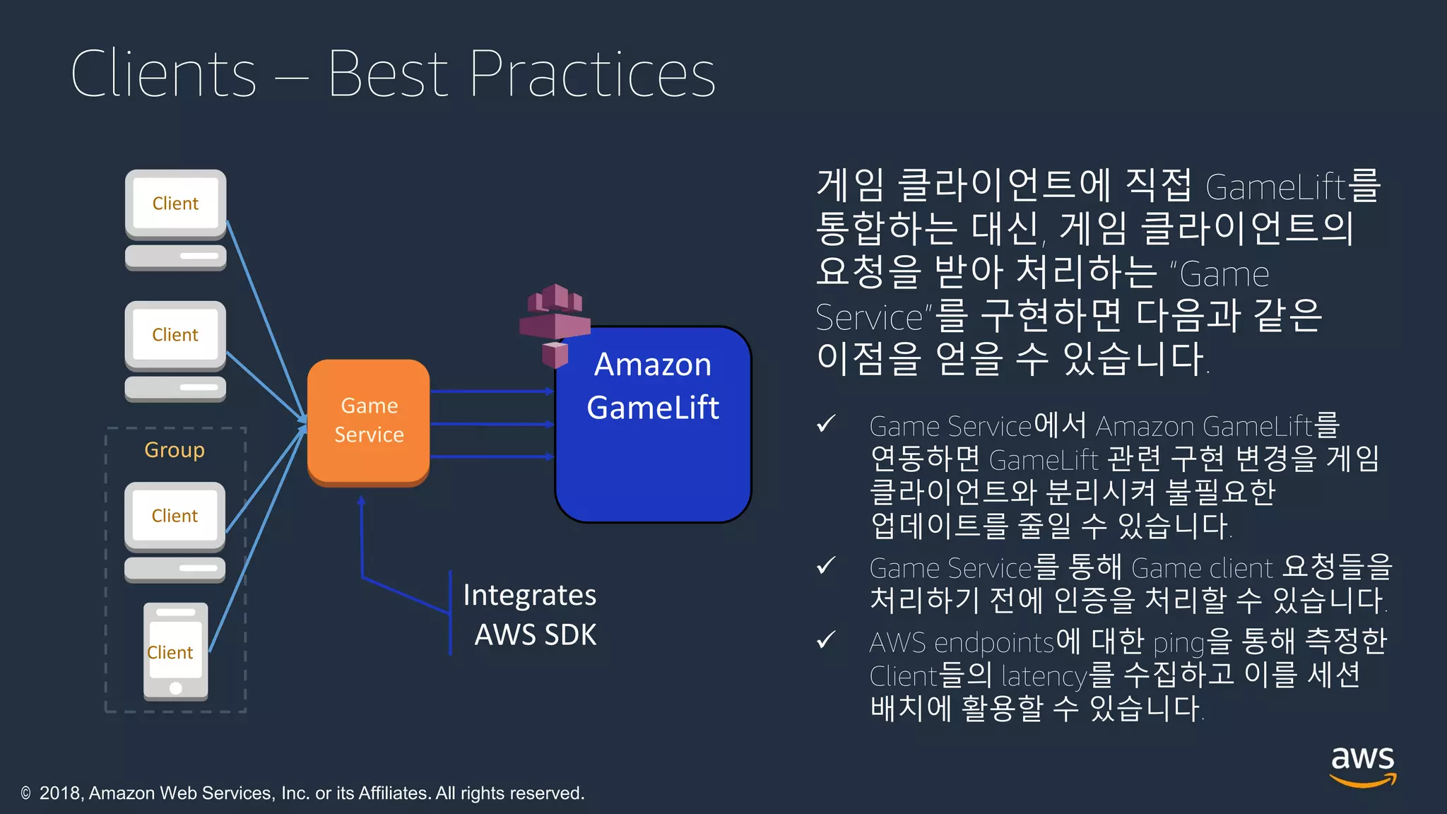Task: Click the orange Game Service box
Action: pyautogui.click(x=368, y=421)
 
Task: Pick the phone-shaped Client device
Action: pyautogui.click(x=175, y=651)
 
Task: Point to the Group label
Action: pyautogui.click(x=175, y=450)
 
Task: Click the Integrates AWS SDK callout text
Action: pyautogui.click(x=530, y=614)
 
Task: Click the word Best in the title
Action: pyautogui.click(x=388, y=74)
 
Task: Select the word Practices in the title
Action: pyautogui.click(x=592, y=74)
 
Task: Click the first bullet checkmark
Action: pyautogui.click(x=825, y=424)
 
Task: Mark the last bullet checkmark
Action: pyautogui.click(x=825, y=640)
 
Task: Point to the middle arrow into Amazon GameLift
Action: pyautogui.click(x=492, y=424)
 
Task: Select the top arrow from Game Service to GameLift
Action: pyautogui.click(x=492, y=391)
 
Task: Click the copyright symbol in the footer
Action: pyautogui.click(x=26, y=794)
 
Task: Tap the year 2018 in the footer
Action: pyautogui.click(x=61, y=794)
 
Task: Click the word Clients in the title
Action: pyautogui.click(x=163, y=74)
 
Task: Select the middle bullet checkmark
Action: pyautogui.click(x=825, y=566)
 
